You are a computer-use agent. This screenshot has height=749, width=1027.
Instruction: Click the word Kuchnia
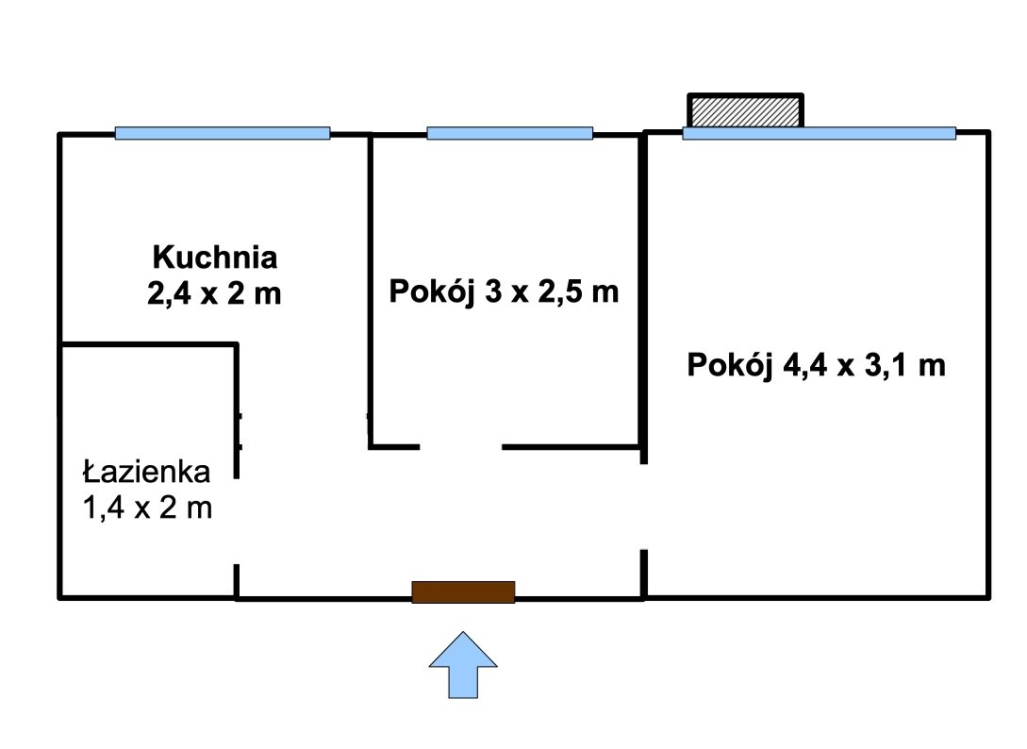click(215, 257)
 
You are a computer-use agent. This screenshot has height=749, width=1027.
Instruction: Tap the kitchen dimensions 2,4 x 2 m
click(214, 293)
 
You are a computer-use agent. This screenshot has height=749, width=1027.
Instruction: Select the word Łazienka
click(147, 471)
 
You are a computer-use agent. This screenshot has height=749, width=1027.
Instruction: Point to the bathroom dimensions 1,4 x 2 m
click(147, 508)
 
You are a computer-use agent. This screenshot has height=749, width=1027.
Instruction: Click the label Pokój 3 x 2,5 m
click(504, 291)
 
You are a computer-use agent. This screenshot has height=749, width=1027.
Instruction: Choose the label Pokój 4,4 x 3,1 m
click(816, 365)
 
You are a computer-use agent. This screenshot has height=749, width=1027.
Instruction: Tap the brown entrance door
click(463, 591)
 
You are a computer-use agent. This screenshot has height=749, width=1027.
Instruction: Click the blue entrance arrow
click(463, 664)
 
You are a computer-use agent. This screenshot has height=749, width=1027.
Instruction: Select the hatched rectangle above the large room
click(745, 110)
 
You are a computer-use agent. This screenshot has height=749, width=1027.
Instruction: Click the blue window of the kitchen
click(222, 133)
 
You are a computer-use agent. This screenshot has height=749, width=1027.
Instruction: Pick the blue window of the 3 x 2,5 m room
click(509, 133)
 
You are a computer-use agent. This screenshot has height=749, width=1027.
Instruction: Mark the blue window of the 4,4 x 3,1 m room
click(819, 133)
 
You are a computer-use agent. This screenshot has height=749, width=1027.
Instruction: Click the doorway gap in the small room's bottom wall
click(460, 447)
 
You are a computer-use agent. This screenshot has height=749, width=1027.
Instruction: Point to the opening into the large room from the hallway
click(644, 508)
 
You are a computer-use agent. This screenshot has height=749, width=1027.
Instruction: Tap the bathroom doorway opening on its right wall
click(237, 521)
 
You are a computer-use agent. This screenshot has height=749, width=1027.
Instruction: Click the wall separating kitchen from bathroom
click(149, 343)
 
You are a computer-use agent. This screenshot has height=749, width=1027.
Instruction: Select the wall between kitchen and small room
click(370, 291)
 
